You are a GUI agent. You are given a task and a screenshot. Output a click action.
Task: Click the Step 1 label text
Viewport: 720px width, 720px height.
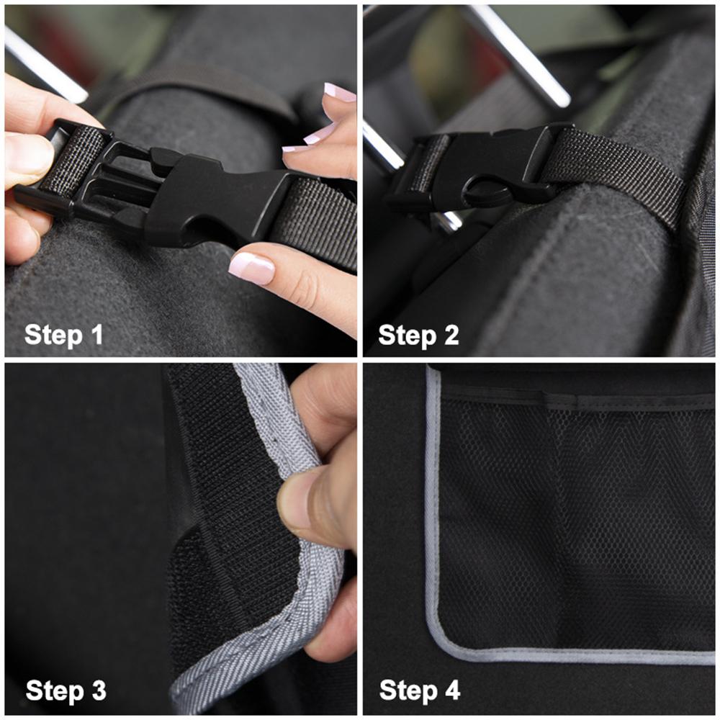pos(64,335)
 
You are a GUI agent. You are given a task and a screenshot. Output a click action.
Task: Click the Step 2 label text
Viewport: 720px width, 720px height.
pos(418,335)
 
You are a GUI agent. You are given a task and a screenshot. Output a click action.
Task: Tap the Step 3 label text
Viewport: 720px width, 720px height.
pos(66,690)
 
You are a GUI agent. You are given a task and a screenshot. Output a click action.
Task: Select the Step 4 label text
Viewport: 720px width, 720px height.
pos(419,690)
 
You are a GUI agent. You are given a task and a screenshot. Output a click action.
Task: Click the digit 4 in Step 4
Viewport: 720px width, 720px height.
pos(451,690)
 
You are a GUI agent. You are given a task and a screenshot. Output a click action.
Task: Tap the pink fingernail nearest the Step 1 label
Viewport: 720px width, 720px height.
pos(251,268)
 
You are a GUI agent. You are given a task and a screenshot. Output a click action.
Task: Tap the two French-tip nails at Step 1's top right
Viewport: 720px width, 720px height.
pos(328,115)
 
